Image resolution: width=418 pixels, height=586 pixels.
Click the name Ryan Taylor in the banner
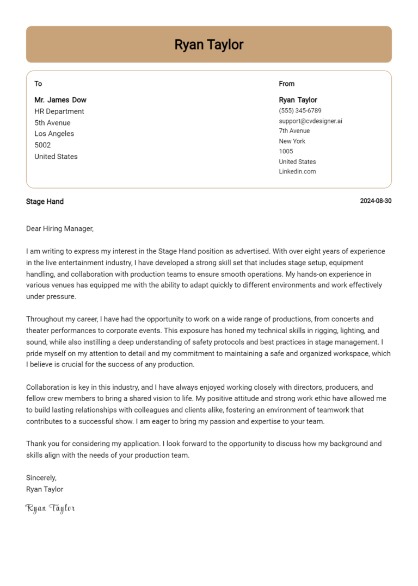(x=208, y=45)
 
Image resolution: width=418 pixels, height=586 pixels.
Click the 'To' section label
(x=38, y=84)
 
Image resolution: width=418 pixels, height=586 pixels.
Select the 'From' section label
(x=286, y=84)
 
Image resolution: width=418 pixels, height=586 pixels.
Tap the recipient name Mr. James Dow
(x=60, y=100)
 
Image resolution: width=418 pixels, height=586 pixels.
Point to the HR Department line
(x=59, y=111)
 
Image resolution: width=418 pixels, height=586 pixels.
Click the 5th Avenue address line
(x=52, y=123)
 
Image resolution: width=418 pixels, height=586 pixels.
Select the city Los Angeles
(x=54, y=134)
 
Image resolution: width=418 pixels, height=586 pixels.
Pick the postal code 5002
(x=42, y=145)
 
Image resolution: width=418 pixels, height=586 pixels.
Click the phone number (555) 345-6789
(x=300, y=111)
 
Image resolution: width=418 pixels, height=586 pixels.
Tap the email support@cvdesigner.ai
(x=310, y=121)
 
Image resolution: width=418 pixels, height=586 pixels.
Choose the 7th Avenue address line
(x=294, y=131)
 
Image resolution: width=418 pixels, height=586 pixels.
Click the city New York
(x=292, y=141)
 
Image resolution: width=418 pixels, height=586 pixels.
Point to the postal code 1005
(x=286, y=151)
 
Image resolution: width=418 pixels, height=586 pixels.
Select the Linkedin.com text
(x=297, y=172)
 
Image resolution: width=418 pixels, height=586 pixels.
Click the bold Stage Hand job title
(x=45, y=202)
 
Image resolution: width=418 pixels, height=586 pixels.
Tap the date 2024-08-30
(x=376, y=201)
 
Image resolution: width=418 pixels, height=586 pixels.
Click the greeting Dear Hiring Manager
(x=60, y=229)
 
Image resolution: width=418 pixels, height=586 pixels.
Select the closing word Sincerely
(x=41, y=478)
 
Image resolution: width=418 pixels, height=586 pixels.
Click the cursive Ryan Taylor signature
(x=50, y=509)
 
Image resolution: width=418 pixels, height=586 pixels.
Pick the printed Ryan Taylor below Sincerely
(x=45, y=489)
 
